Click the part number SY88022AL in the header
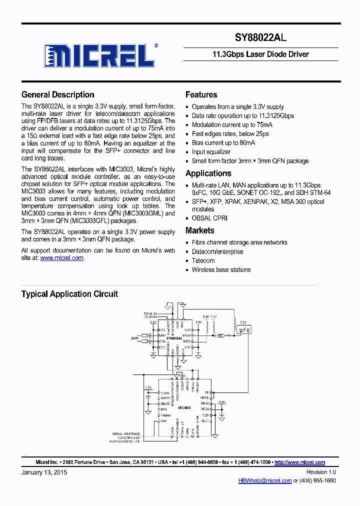tap(260, 37)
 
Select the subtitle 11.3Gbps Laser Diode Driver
tap(260, 54)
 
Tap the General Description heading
tap(57, 94)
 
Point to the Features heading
tap(201, 94)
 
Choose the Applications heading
tap(208, 173)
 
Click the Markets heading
tap(199, 230)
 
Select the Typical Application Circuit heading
tap(69, 294)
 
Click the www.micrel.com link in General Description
tap(61, 258)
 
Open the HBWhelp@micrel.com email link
tap(265, 480)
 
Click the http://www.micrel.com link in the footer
tap(299, 462)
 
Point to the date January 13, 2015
tap(44, 472)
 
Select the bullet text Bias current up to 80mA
tap(223, 142)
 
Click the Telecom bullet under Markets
tap(203, 260)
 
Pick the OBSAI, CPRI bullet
tap(210, 218)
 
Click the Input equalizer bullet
tap(211, 151)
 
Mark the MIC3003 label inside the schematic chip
tap(184, 408)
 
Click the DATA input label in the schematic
tap(135, 338)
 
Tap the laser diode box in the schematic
tap(244, 329)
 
